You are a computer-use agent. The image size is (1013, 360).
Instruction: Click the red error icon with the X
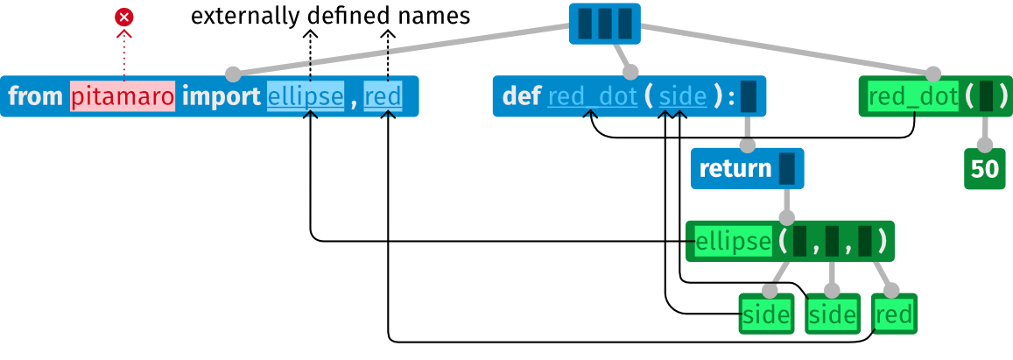coord(124,17)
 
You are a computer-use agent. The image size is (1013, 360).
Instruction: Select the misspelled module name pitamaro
coord(123,96)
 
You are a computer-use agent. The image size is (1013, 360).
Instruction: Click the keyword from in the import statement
coord(36,96)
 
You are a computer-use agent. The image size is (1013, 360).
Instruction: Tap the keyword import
coord(221,96)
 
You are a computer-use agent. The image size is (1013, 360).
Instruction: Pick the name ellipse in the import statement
coord(306,96)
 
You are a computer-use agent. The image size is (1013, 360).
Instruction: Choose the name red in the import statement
coord(383,96)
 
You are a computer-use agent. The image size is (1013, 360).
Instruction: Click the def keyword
coord(522,96)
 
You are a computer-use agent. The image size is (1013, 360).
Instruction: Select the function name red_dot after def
coord(593,96)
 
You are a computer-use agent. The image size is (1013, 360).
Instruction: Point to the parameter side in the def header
coord(683,96)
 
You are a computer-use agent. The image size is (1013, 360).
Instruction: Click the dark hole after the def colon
coord(748,96)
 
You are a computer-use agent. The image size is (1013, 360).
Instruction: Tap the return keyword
coord(735,169)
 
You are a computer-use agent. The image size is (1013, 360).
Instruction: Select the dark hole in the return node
coord(786,169)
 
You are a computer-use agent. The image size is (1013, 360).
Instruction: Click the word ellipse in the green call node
coord(733,241)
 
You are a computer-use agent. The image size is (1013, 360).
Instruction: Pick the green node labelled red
coord(894,314)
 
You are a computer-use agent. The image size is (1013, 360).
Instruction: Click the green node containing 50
coord(985,169)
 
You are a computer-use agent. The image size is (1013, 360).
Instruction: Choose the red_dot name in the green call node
coord(913,96)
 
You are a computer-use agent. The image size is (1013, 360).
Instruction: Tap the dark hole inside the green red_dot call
coord(986,96)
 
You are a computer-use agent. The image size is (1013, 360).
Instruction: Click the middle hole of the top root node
coord(604,24)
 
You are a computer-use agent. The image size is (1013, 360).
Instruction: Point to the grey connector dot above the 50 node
coord(985,145)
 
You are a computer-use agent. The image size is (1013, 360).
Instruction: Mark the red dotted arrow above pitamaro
coord(124,57)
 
